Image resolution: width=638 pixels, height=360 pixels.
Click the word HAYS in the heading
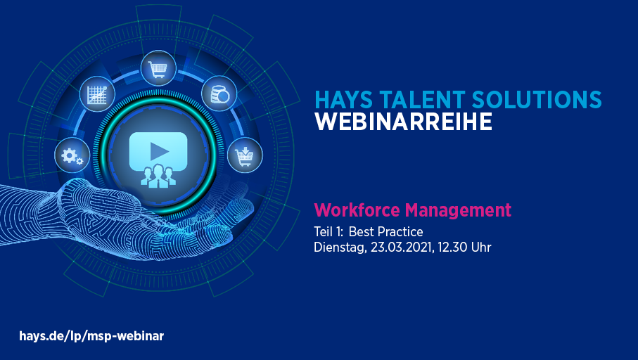click(344, 100)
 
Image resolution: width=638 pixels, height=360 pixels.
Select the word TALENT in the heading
click(422, 100)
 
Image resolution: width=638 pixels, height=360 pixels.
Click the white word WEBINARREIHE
click(403, 122)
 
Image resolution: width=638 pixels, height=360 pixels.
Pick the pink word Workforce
click(357, 210)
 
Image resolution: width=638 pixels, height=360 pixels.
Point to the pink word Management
click(458, 211)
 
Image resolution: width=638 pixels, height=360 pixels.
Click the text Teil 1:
click(328, 231)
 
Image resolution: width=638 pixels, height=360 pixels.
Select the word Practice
click(400, 231)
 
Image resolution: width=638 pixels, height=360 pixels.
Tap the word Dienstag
click(340, 247)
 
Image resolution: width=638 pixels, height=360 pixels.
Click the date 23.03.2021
click(401, 247)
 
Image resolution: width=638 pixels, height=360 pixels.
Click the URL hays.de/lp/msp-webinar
click(91, 336)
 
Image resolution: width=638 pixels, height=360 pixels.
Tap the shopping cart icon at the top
click(158, 68)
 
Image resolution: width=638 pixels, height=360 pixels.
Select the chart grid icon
click(97, 94)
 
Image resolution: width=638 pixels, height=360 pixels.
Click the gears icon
click(72, 155)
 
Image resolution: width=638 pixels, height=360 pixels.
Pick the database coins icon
click(219, 94)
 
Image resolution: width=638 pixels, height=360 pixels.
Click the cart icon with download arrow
click(245, 155)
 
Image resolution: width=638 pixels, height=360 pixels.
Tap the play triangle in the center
click(159, 151)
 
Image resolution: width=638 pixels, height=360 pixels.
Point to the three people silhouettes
click(158, 176)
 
